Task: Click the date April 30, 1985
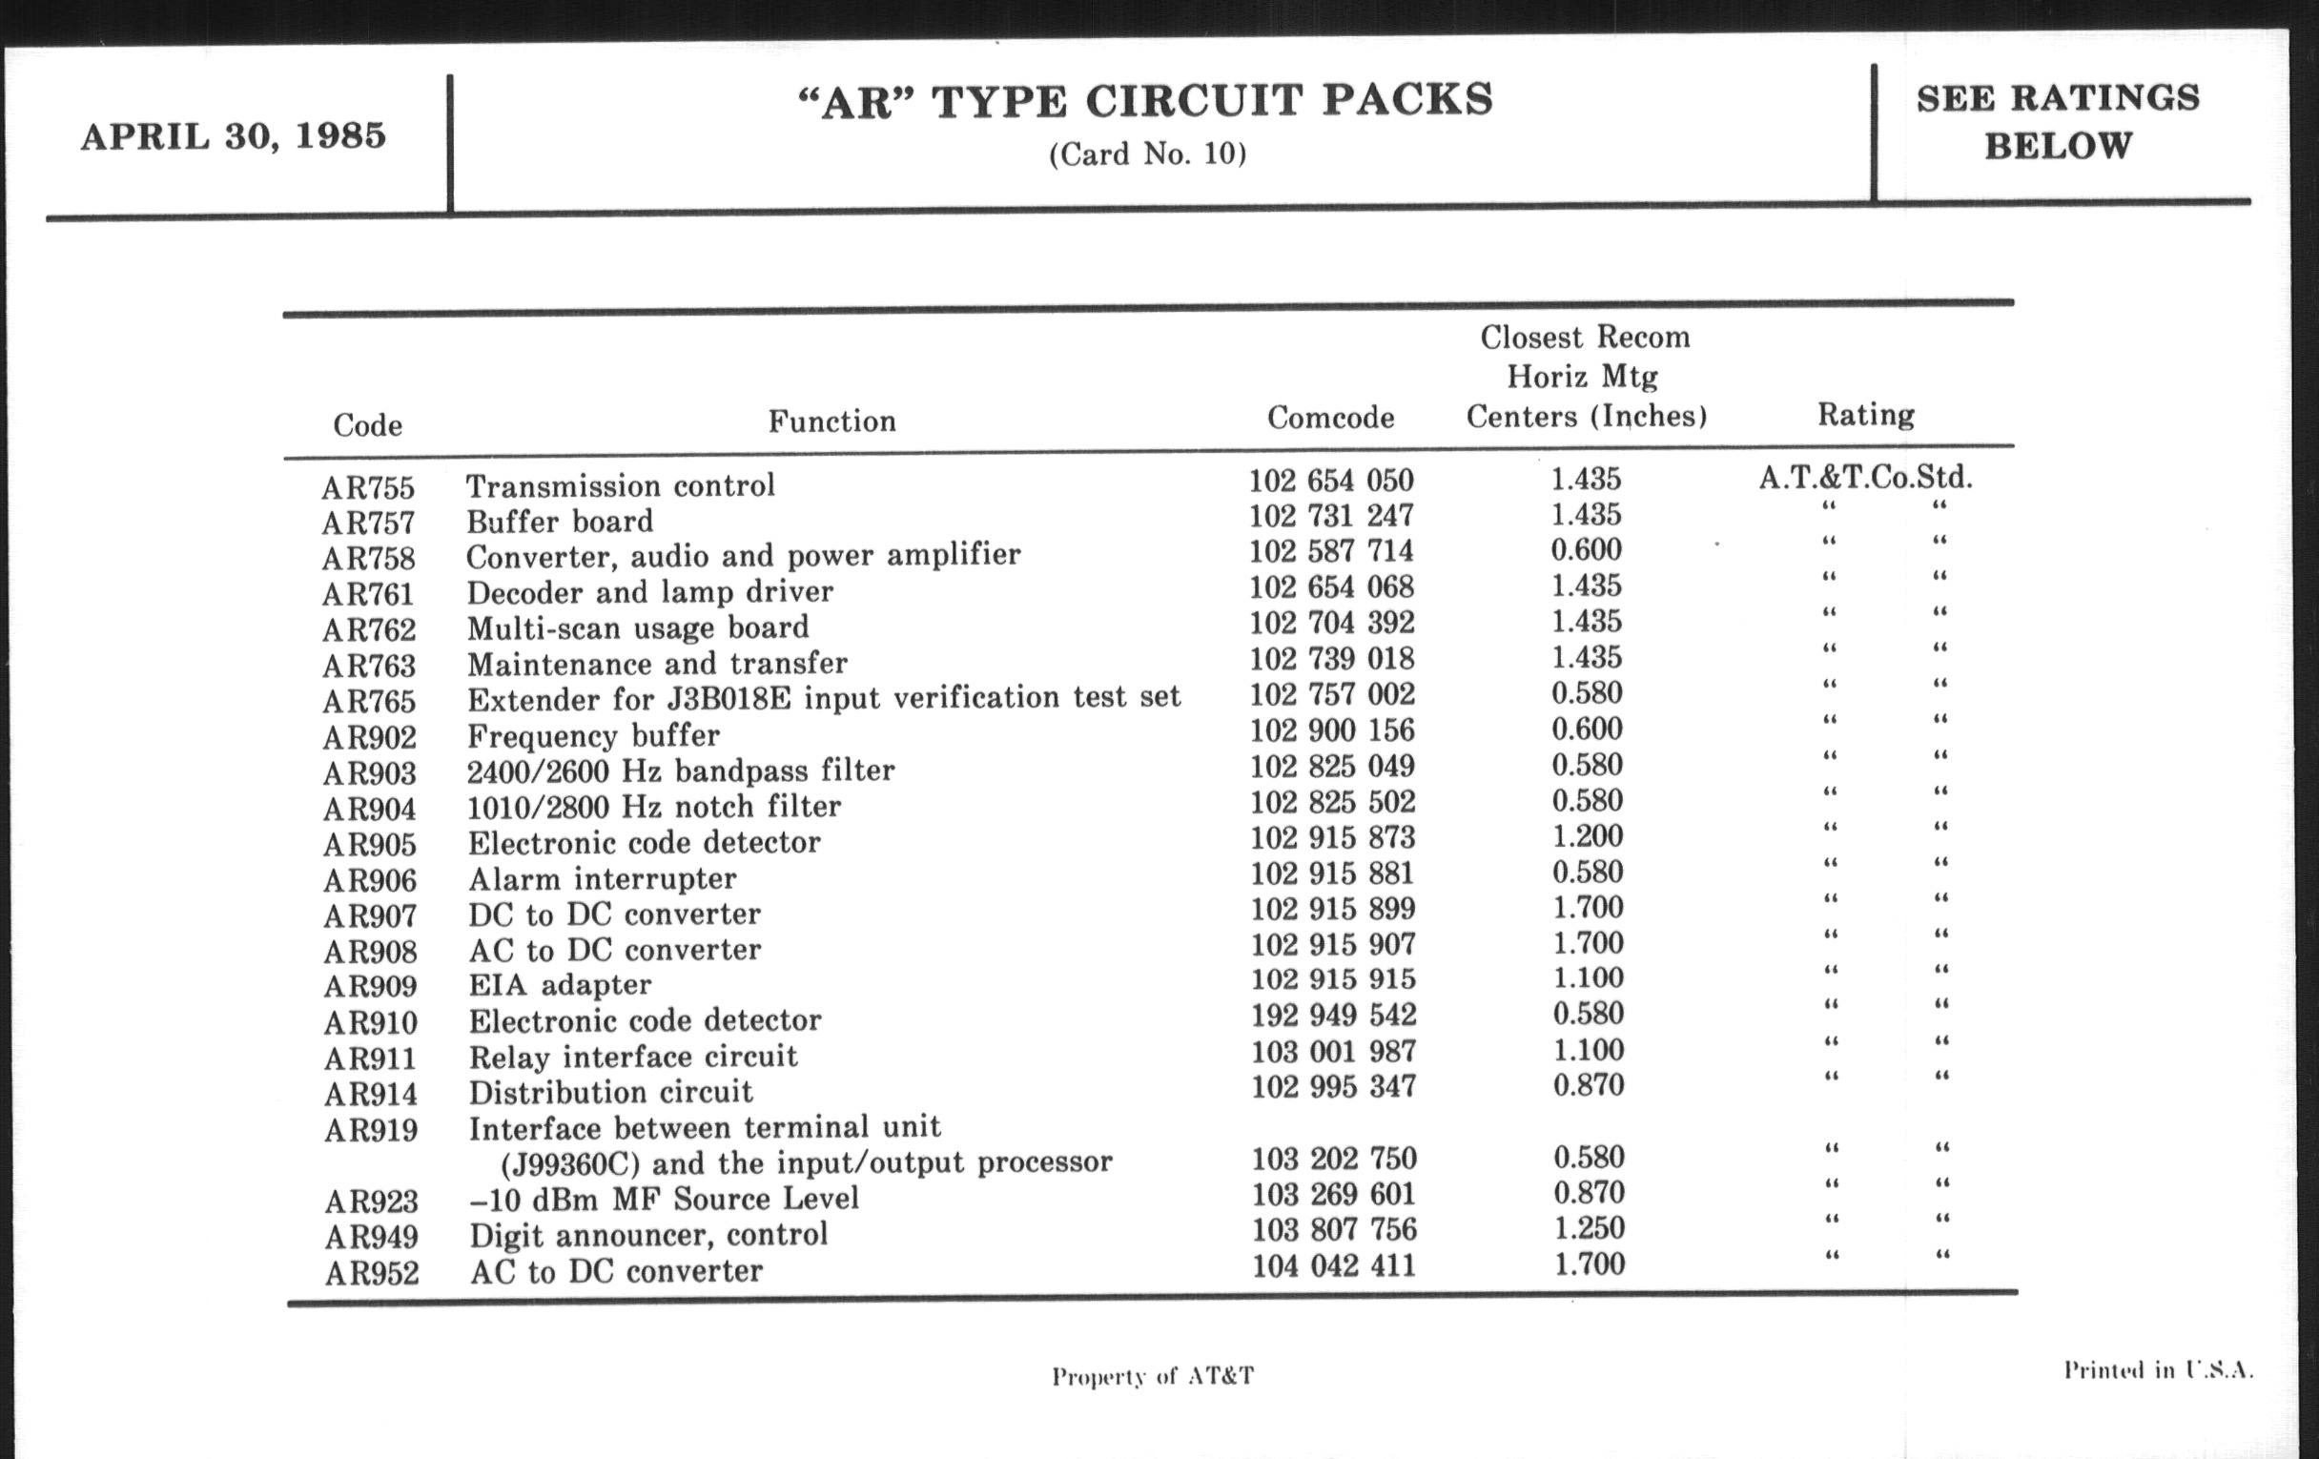click(x=233, y=136)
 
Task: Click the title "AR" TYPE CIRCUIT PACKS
click(x=1146, y=101)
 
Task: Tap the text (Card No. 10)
click(x=1147, y=154)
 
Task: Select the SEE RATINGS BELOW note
click(x=2058, y=122)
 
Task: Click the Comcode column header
click(x=1330, y=417)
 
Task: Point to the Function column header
click(x=832, y=421)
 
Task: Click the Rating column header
click(x=1865, y=415)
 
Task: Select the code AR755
click(x=368, y=487)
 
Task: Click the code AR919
click(x=371, y=1130)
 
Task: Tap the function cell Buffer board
click(x=560, y=522)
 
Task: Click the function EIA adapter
click(x=560, y=985)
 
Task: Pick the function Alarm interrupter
click(x=602, y=879)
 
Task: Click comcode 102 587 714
click(x=1331, y=551)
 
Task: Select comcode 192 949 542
click(x=1333, y=1015)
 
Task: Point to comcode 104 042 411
click(x=1334, y=1265)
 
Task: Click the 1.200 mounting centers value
click(x=1587, y=836)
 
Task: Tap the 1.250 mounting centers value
click(x=1589, y=1228)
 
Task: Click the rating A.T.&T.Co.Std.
click(x=1865, y=478)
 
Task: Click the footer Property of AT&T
click(x=1153, y=1376)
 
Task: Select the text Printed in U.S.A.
click(x=2157, y=1370)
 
